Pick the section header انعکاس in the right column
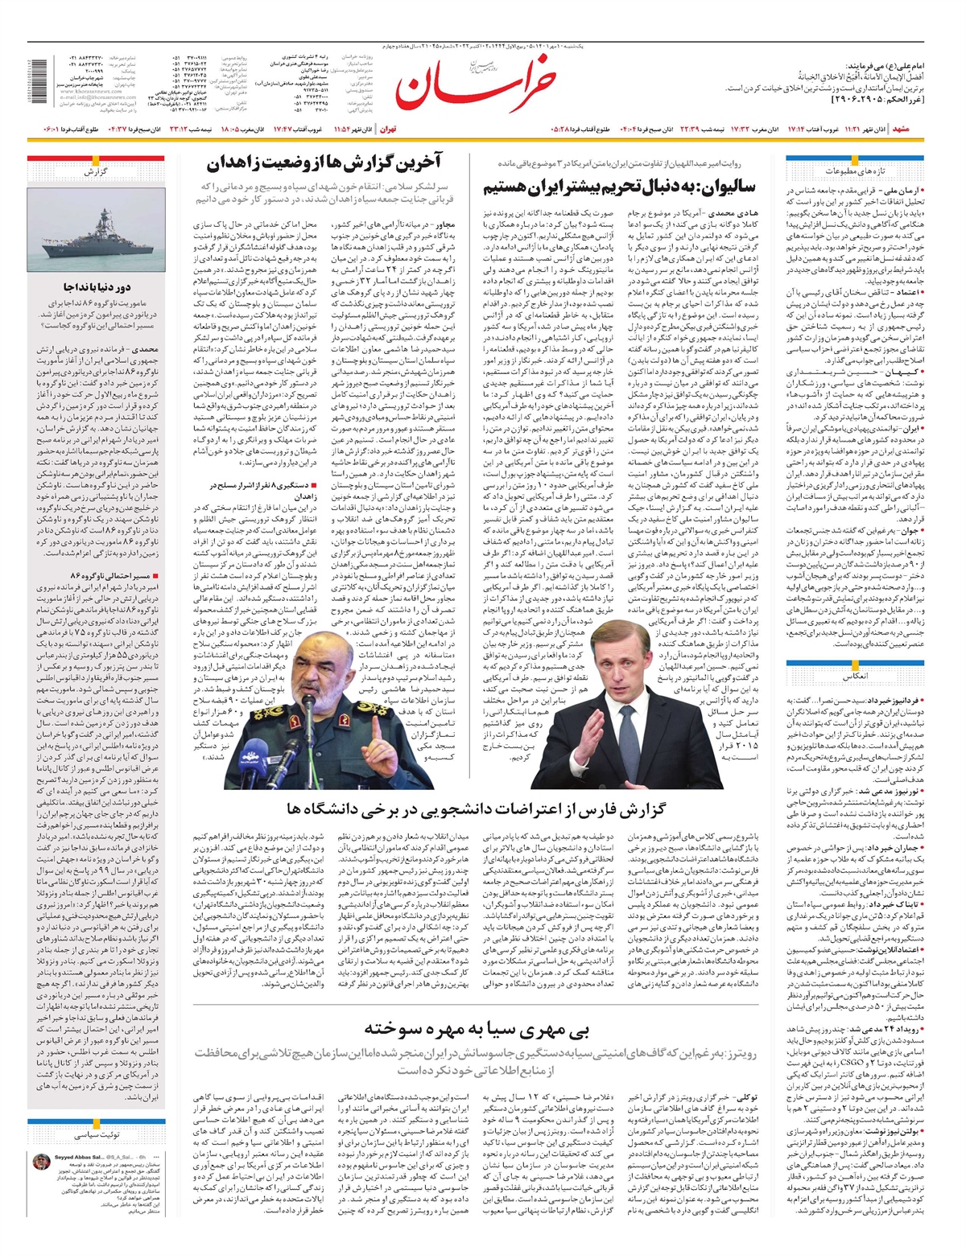coord(854,677)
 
